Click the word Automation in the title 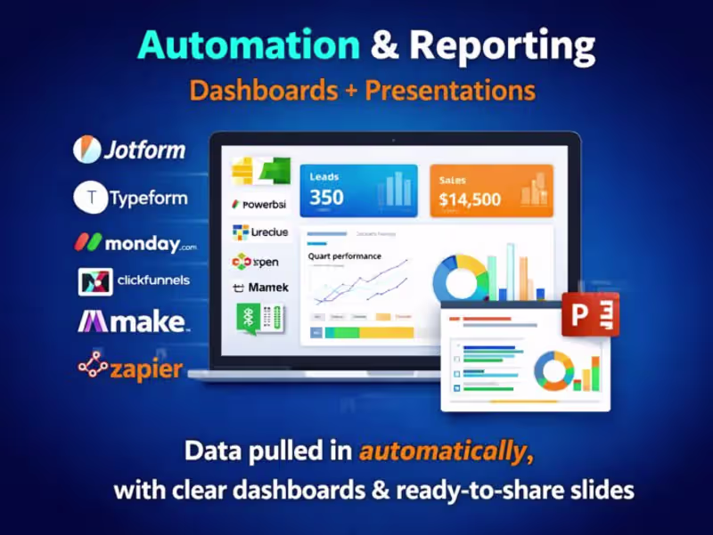tap(249, 45)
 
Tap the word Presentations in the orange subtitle tap(450, 91)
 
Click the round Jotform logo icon tap(87, 150)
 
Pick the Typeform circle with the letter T tap(90, 198)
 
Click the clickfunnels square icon tap(94, 282)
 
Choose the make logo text tap(134, 321)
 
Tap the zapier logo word tap(147, 369)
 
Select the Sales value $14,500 tap(470, 200)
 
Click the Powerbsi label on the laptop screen tap(264, 204)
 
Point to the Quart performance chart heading tap(344, 256)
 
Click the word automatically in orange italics tap(442, 451)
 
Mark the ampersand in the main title tap(386, 45)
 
